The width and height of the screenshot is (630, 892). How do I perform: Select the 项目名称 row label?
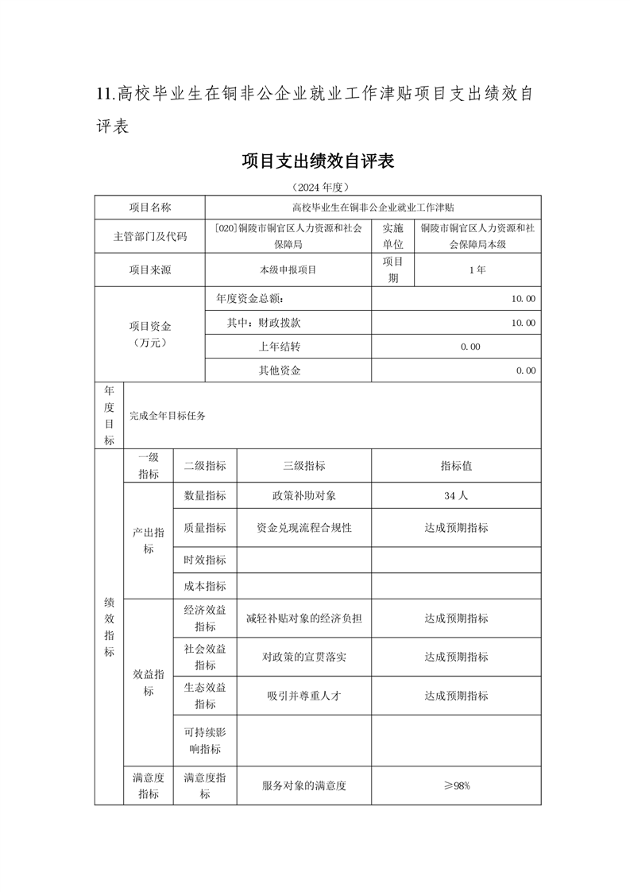pyautogui.click(x=150, y=207)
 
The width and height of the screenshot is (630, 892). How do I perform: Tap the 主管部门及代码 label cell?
pyautogui.click(x=150, y=236)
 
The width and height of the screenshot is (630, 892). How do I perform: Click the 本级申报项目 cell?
pyautogui.click(x=288, y=270)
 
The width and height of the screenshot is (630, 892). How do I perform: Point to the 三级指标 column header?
pyautogui.click(x=303, y=466)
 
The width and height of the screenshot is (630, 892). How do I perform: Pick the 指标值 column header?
pyautogui.click(x=456, y=466)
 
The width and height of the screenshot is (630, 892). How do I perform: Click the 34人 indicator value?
pyautogui.click(x=456, y=495)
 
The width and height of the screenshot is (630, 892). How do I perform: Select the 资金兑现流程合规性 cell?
pyautogui.click(x=303, y=527)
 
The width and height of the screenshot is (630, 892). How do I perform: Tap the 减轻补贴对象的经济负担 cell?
pyautogui.click(x=303, y=618)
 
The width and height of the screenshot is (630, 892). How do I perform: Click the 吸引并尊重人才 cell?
pyautogui.click(x=303, y=695)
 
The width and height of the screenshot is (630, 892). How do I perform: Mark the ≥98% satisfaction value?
pyautogui.click(x=457, y=785)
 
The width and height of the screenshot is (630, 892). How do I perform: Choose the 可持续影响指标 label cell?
pyautogui.click(x=205, y=739)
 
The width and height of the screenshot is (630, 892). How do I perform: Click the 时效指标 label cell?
pyautogui.click(x=205, y=560)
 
